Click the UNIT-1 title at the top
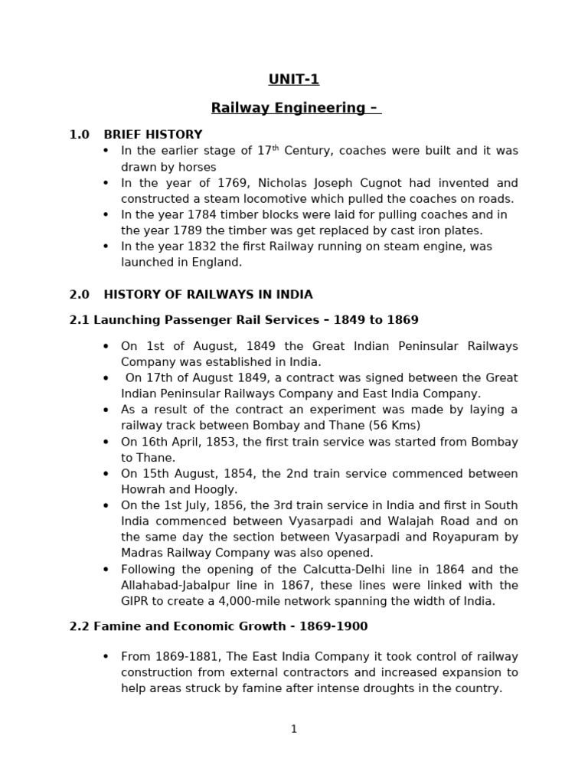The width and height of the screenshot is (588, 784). [294, 80]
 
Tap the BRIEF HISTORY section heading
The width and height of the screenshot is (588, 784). [153, 135]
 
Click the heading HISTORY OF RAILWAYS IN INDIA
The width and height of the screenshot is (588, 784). [208, 295]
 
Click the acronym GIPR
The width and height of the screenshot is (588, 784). [136, 601]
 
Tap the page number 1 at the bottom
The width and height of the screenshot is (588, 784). [294, 729]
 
